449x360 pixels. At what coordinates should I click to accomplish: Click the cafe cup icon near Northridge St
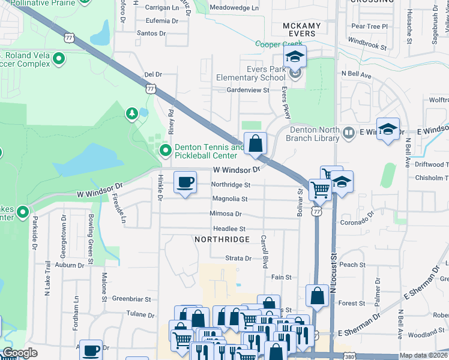(185, 182)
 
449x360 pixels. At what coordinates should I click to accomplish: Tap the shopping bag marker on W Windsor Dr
(255, 143)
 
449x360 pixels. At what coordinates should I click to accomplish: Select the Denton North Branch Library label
(315, 134)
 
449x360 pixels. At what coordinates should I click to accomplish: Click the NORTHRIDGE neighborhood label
(221, 239)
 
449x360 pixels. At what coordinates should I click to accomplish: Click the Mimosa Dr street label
(226, 214)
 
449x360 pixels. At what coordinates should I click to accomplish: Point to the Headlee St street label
(229, 229)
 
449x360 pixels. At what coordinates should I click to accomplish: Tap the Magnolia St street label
(229, 199)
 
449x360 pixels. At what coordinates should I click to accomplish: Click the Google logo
(19, 353)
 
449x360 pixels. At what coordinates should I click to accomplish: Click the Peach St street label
(352, 265)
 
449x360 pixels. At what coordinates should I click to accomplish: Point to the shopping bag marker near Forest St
(317, 296)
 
